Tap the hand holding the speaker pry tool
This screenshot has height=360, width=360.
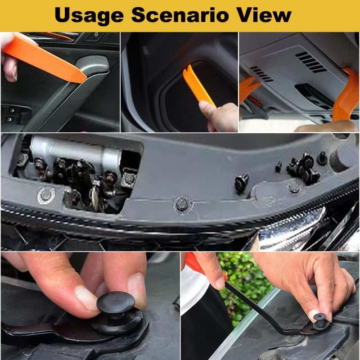pos(220,115)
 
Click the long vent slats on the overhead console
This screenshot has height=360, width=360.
pos(310,61)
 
